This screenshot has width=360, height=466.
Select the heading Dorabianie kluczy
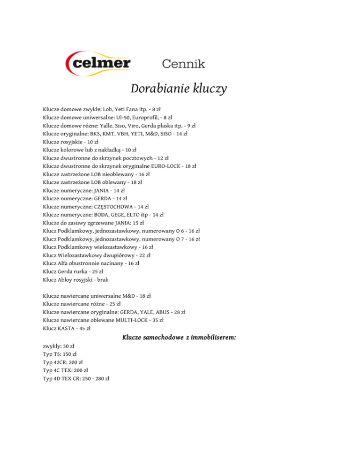click(179, 89)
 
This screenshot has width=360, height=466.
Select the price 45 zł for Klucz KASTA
click(84, 328)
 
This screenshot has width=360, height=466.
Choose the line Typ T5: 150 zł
click(60, 354)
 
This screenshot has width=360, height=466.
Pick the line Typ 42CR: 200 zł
click(62, 362)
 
